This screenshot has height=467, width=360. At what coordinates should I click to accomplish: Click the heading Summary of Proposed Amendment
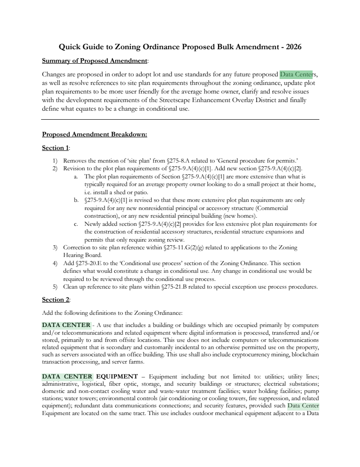[94, 61]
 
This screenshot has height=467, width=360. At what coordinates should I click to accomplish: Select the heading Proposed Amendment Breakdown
[94, 135]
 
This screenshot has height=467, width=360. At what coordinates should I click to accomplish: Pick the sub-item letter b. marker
[76, 200]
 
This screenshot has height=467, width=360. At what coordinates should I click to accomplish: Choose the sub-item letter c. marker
[76, 224]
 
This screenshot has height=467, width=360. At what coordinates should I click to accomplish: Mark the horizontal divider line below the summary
[180, 120]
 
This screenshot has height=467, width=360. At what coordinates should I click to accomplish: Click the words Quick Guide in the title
[77, 47]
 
